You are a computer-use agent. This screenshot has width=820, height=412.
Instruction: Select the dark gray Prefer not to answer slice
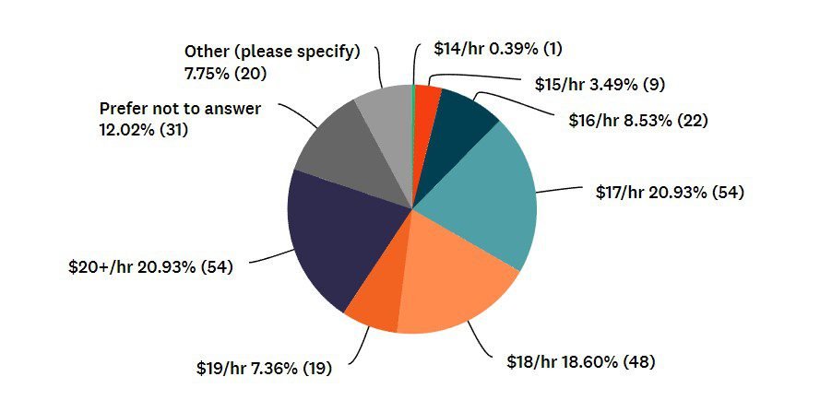coord(340,147)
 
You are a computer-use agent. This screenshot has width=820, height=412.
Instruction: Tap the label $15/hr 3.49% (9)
coord(600,84)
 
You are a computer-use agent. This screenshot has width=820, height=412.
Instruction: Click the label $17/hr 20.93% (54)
coord(670,193)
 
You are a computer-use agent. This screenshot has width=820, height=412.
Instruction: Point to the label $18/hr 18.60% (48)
coord(580,361)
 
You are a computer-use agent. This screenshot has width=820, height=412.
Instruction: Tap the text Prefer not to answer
coord(180,109)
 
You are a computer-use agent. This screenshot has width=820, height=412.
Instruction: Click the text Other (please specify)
coord(271,51)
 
